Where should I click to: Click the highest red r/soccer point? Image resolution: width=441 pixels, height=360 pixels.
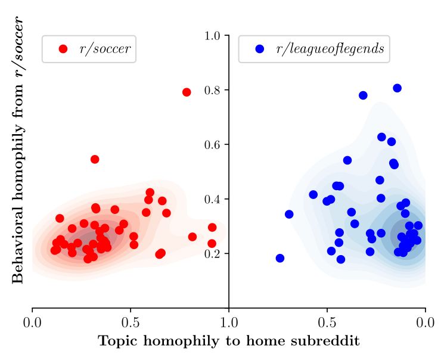pos(187,92)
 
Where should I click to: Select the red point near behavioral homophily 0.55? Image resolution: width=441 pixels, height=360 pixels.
pos(95,159)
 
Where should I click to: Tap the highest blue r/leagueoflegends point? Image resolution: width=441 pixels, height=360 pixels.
pos(397,88)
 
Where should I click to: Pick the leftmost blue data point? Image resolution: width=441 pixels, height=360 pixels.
pos(280,258)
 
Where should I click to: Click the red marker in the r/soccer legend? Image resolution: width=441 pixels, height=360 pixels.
pos(63,49)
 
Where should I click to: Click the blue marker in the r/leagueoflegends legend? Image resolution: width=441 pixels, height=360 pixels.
pos(259,49)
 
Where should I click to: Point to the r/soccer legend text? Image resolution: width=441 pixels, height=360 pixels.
pos(105,49)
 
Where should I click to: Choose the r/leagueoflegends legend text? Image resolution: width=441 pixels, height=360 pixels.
pos(330,49)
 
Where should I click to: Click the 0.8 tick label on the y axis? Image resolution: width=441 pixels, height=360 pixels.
pos(213,91)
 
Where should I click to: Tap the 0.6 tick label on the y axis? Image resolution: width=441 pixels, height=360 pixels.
pos(213,145)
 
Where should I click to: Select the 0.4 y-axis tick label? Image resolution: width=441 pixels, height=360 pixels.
pos(213,200)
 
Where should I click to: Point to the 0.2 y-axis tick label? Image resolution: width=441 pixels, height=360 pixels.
pos(213,254)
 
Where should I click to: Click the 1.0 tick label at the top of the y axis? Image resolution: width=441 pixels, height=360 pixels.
pos(213,36)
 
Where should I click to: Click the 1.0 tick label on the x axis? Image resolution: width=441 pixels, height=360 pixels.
pos(229,322)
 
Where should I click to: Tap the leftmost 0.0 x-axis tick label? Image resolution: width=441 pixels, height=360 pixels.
pos(32,322)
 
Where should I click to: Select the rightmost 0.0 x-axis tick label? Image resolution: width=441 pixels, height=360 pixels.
pos(425,322)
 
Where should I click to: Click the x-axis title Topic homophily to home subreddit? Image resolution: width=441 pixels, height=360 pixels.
pos(228,342)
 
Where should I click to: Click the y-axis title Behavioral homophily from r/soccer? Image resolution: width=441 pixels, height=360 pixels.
pos(18,150)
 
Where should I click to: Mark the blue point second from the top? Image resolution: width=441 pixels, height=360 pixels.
pos(363,95)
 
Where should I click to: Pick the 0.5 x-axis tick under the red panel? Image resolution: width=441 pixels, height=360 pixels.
pos(131,322)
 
